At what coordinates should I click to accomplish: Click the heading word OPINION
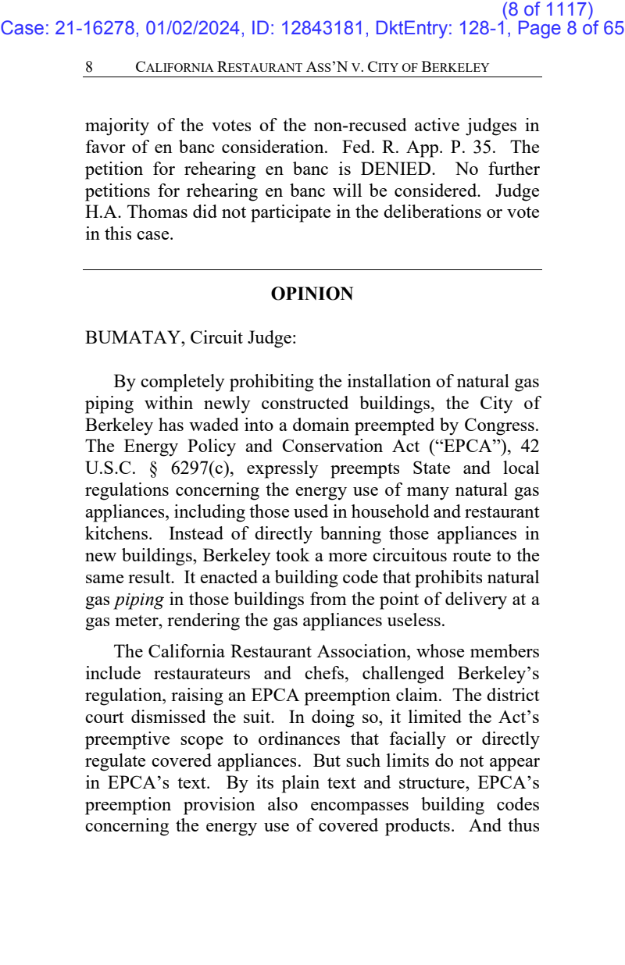(312, 294)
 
